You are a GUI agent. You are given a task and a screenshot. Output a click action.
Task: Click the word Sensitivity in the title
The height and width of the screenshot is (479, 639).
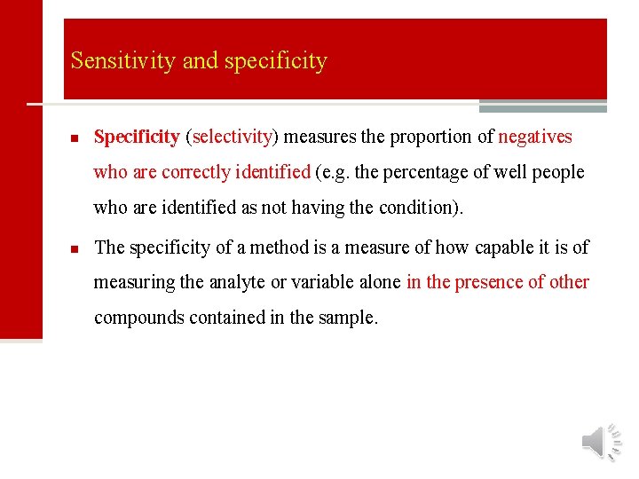(123, 61)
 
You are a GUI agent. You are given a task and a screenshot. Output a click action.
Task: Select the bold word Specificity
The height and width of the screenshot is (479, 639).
(137, 137)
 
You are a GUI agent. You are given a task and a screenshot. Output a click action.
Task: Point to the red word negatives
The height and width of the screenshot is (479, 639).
(535, 137)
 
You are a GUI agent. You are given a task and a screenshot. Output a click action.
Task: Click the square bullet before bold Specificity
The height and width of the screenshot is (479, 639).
(75, 138)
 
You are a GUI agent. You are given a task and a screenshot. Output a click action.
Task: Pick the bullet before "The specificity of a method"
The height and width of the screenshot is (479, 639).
(75, 248)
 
